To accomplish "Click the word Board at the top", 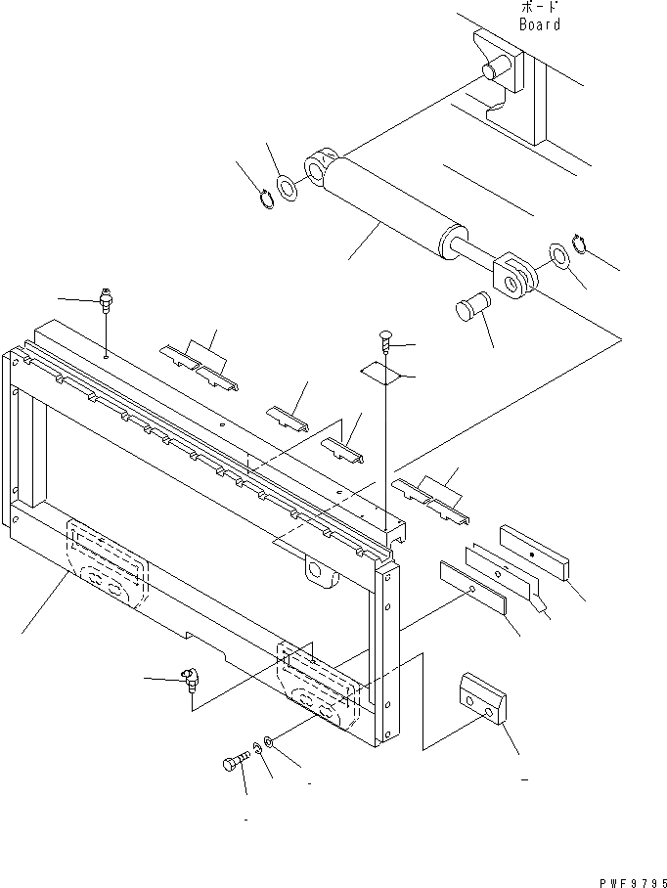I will point(540,24).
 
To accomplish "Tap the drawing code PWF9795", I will point(632,878).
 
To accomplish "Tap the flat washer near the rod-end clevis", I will point(557,255).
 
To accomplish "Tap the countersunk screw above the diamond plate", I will point(384,341).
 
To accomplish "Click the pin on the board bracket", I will point(497,71).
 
